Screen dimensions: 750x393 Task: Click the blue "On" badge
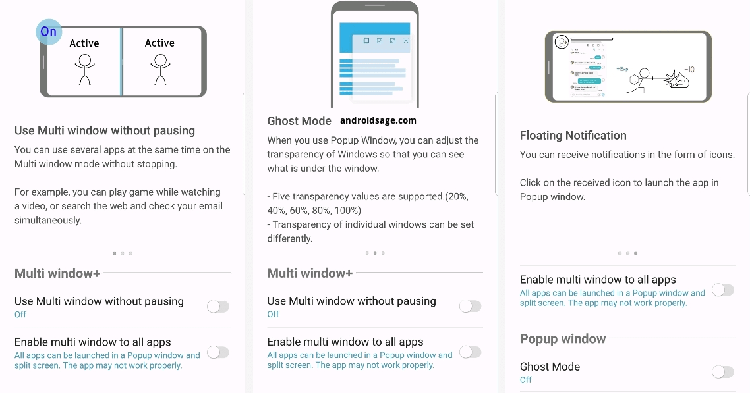click(x=49, y=32)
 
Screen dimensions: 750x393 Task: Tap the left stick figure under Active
click(x=84, y=69)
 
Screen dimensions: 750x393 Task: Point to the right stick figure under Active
click(x=160, y=69)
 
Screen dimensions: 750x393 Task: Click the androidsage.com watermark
click(x=378, y=120)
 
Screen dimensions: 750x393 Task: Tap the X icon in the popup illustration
click(x=406, y=41)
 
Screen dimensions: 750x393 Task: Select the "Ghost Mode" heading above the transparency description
click(x=299, y=121)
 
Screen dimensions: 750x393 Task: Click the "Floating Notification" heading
click(x=573, y=135)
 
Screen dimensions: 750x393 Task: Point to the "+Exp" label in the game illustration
click(x=622, y=69)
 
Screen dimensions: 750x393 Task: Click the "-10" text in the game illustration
click(x=689, y=69)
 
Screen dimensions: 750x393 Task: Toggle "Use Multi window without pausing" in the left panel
click(x=218, y=307)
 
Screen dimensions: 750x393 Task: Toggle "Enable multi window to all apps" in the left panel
click(x=218, y=352)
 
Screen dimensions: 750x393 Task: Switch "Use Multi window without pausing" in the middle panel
click(x=470, y=306)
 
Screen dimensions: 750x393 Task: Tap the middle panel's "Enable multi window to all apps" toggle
click(x=470, y=352)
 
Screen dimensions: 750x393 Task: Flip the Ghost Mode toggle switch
click(x=723, y=371)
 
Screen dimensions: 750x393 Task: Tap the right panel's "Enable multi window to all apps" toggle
click(x=723, y=290)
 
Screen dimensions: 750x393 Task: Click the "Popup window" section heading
click(x=563, y=338)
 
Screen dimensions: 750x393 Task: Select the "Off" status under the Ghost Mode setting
click(x=526, y=380)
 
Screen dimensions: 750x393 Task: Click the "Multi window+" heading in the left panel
click(x=57, y=273)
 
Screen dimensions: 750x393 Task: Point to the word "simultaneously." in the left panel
click(x=48, y=220)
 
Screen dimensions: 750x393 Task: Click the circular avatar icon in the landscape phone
click(x=562, y=42)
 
